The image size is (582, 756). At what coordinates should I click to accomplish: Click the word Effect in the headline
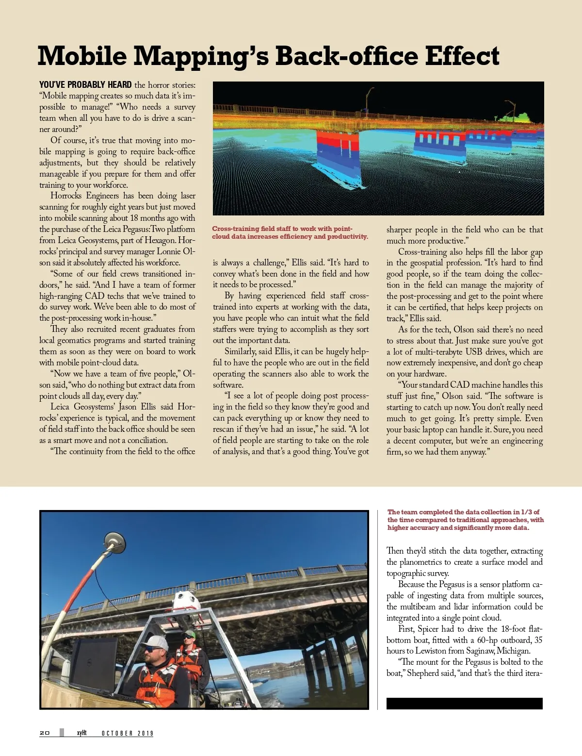(x=462, y=56)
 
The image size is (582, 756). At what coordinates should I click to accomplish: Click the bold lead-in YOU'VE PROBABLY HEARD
(x=85, y=85)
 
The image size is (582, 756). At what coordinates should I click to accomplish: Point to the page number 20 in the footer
(x=45, y=733)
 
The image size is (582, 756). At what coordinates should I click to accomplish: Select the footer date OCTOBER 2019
(x=127, y=733)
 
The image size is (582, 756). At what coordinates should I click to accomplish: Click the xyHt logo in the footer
(x=81, y=733)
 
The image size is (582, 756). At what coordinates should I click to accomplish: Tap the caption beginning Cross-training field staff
(x=290, y=232)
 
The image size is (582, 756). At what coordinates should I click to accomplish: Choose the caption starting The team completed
(x=465, y=520)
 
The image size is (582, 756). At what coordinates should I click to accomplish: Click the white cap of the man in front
(x=155, y=643)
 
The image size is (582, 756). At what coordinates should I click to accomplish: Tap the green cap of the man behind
(x=189, y=634)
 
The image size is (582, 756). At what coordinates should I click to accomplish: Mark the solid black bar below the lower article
(x=464, y=704)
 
